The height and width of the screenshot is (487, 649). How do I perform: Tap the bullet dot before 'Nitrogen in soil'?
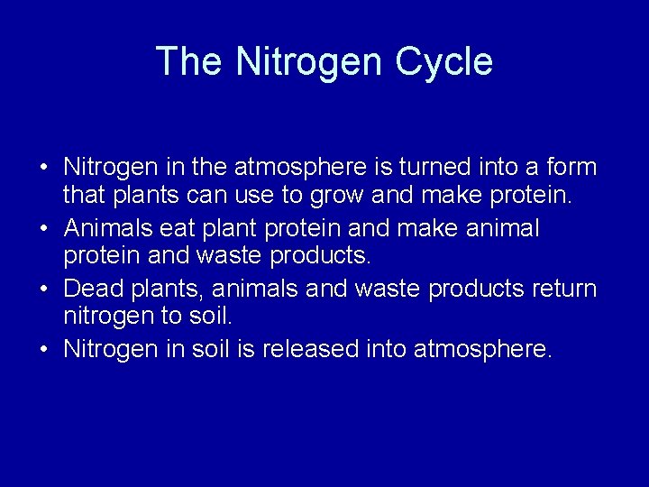click(x=43, y=349)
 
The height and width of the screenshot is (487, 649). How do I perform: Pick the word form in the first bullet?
click(x=571, y=168)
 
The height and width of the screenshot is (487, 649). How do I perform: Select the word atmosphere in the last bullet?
click(x=481, y=349)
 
